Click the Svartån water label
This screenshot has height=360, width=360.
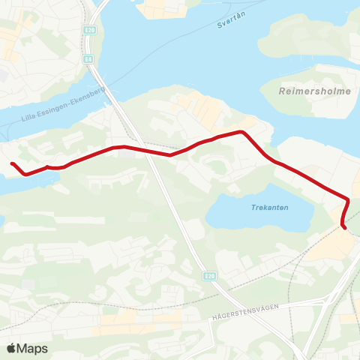point(230,24)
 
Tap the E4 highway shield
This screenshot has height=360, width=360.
point(88,58)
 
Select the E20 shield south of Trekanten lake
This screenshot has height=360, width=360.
point(209,276)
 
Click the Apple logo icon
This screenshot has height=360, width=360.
point(11,348)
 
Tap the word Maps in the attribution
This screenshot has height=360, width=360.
point(32,348)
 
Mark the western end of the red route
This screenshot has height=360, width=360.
point(12,163)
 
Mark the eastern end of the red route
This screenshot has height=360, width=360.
point(344,226)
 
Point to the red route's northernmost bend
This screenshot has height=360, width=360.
point(241,132)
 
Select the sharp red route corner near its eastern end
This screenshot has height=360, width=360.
point(348,199)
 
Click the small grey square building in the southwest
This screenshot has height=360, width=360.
point(28,286)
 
